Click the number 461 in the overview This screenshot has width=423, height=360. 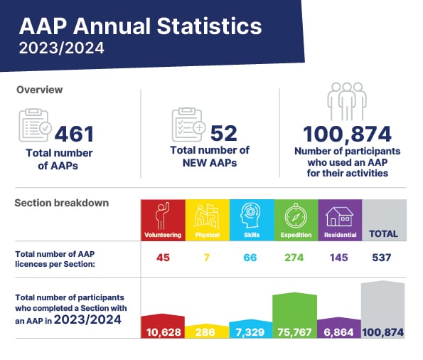pos(75,134)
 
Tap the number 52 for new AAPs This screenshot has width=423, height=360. pos(224,134)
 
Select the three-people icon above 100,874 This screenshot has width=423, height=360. pos(347,101)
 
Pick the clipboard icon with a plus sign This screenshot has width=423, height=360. pos(188,125)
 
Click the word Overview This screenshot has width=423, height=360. pos(39,90)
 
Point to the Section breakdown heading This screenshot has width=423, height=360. pos(62,203)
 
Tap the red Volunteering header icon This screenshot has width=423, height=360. pos(162,216)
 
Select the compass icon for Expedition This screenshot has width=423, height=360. pos(296,216)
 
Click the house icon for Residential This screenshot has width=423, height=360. pos(339,216)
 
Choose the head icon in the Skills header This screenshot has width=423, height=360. pos(251,216)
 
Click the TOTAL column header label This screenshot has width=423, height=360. pos(383,233)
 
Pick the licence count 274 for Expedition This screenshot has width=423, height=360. pos(294,258)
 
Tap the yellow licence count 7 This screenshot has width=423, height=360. pos(207,258)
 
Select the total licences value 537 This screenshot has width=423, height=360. pos(382,258)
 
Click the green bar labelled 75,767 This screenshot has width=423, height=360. pos(295,315)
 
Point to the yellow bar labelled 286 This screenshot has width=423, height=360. pos(207,331)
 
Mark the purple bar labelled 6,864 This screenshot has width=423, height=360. pos(339,327)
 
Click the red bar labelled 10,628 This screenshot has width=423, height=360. pos(163,326)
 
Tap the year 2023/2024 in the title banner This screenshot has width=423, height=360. pos(62,48)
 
